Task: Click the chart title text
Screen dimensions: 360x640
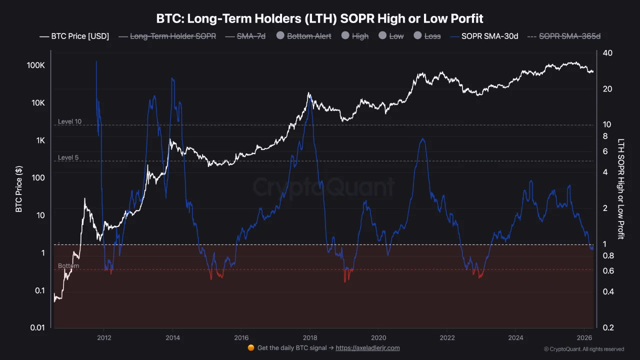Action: pyautogui.click(x=319, y=19)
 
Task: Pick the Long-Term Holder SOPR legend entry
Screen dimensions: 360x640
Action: pyautogui.click(x=167, y=36)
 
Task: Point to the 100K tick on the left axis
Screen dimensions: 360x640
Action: pyautogui.click(x=36, y=65)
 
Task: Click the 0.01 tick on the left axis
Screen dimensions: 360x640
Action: pyautogui.click(x=38, y=327)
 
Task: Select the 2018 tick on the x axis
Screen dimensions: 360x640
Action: pyautogui.click(x=310, y=337)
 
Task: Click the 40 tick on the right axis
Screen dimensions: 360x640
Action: pyautogui.click(x=608, y=53)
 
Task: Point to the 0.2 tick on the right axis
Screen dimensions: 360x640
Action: pyautogui.click(x=608, y=327)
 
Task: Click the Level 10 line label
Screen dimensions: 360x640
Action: pyautogui.click(x=69, y=121)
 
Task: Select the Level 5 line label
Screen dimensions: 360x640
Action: pyautogui.click(x=68, y=157)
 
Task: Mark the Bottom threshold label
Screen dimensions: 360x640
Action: pyautogui.click(x=68, y=266)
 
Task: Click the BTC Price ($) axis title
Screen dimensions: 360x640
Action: pyautogui.click(x=19, y=190)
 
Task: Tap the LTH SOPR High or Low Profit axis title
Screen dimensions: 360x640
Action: pyautogui.click(x=621, y=189)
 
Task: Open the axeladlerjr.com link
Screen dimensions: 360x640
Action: pyautogui.click(x=367, y=348)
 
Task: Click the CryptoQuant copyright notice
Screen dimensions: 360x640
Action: pyautogui.click(x=583, y=349)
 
